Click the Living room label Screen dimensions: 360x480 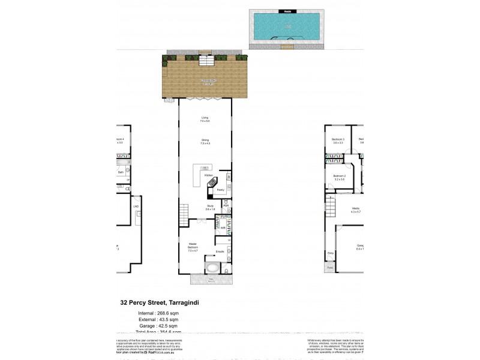tap(205, 119)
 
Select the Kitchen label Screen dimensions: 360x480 tap(209, 175)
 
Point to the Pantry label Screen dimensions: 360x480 tap(220, 189)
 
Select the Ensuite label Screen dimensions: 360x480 tap(220, 251)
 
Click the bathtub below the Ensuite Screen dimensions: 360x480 tap(212, 268)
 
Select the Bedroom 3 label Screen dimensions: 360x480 tap(337, 141)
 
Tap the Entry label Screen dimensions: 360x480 tap(331, 253)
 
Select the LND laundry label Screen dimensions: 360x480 tap(136, 207)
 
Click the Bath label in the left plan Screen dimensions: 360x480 tap(121, 172)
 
